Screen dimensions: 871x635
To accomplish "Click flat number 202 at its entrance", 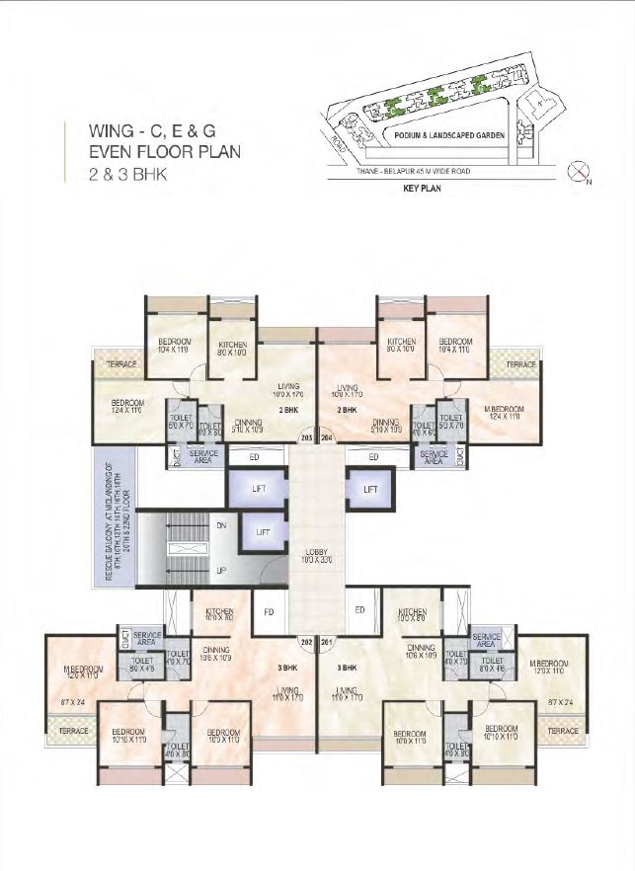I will coord(306,644).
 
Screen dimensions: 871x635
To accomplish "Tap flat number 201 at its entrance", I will coord(328,644).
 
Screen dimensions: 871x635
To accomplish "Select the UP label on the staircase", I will coord(221,571).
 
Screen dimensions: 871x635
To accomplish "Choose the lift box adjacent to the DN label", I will coord(263,532).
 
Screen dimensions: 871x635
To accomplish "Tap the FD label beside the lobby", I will coord(267,610).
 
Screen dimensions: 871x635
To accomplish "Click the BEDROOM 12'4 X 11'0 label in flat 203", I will coord(128,406).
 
